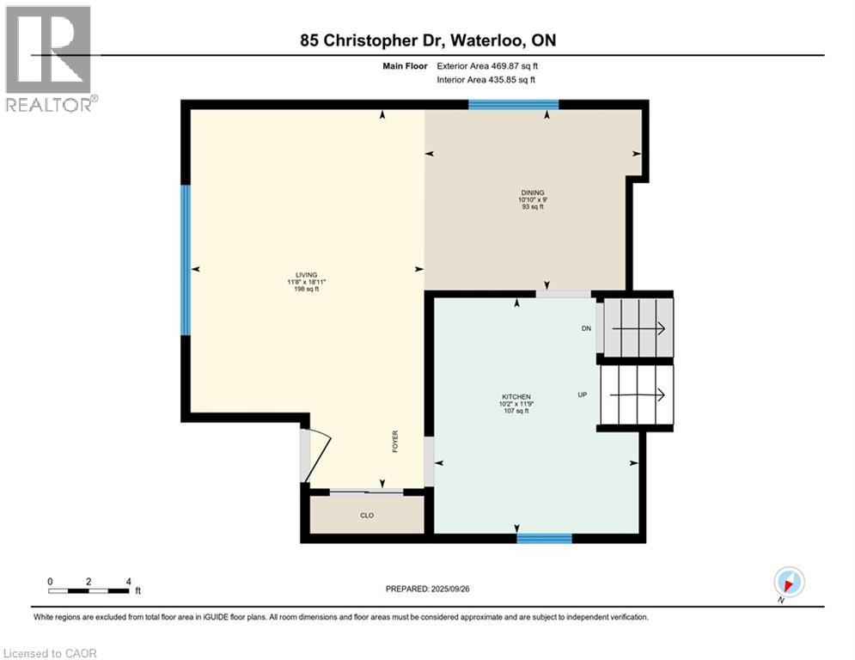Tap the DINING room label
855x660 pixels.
(x=532, y=193)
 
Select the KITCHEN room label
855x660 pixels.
(x=516, y=397)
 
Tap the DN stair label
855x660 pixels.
(x=585, y=328)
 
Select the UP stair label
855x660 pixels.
(x=582, y=395)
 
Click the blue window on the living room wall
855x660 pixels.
(x=185, y=260)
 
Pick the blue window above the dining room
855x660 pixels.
(x=513, y=105)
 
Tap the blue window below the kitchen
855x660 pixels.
(x=544, y=539)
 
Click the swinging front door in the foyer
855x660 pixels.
(x=317, y=455)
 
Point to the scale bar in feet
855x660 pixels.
(x=89, y=590)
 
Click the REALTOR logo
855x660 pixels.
(x=50, y=58)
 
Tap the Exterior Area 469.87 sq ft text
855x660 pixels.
(x=487, y=65)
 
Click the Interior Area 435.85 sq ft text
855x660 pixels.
(x=487, y=79)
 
